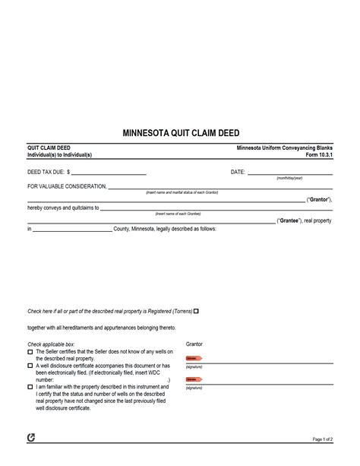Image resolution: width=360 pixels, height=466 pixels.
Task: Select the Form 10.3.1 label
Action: click(318, 155)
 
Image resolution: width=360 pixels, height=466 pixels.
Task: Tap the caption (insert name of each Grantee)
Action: click(178, 214)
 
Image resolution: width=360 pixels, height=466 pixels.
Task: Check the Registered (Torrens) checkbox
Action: click(196, 311)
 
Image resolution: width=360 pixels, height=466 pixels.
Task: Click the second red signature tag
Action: click(194, 379)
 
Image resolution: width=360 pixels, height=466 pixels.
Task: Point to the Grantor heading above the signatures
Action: click(194, 344)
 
